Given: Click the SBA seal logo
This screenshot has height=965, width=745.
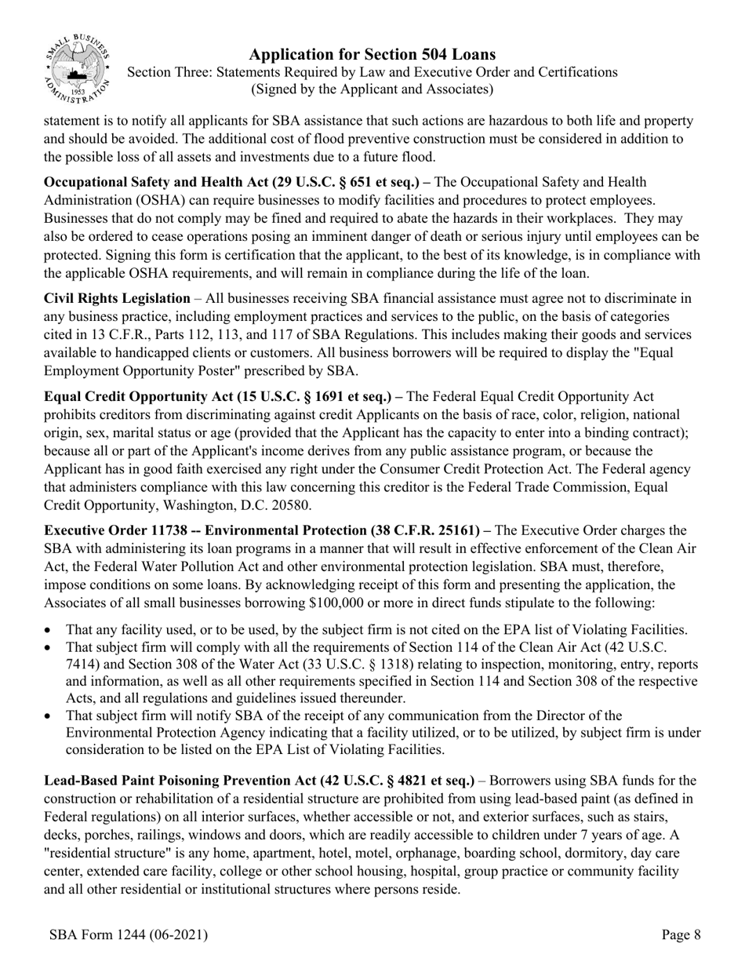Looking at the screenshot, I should click(x=76, y=70).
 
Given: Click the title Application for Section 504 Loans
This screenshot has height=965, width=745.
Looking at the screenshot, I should click(x=372, y=54).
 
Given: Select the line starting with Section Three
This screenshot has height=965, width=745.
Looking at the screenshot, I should click(x=372, y=72).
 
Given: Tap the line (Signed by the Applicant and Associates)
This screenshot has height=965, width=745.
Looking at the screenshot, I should click(x=372, y=89).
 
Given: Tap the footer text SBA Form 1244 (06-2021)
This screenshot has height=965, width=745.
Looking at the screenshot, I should click(x=128, y=934).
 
